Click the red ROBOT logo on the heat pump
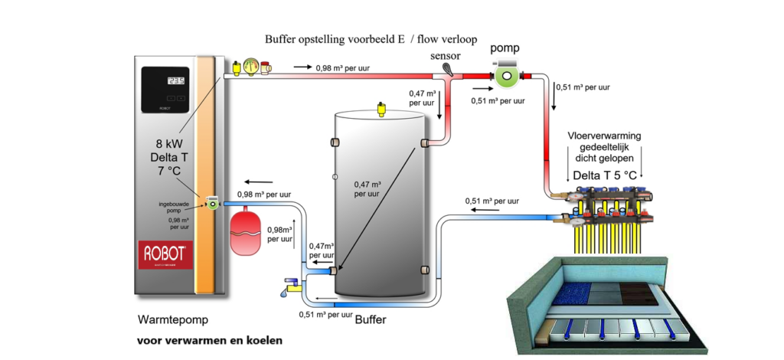pos(164,255)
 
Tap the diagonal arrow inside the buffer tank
pos(377,207)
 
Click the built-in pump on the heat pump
pos(210,202)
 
